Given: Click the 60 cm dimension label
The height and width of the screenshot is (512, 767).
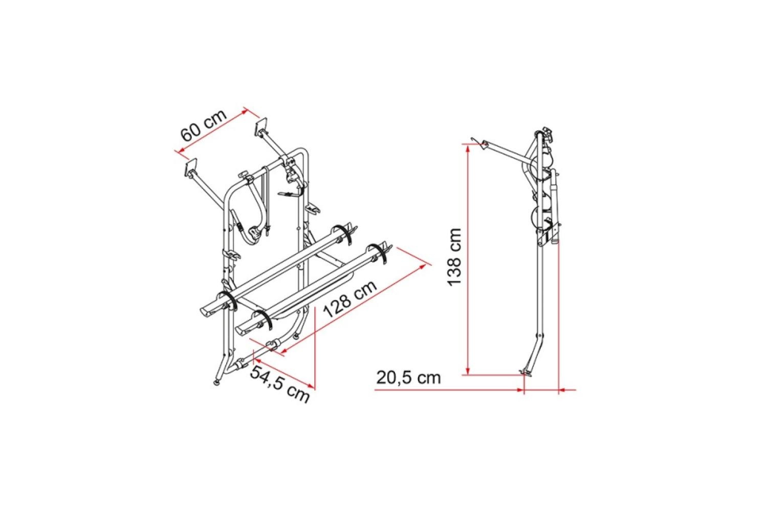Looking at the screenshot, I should coord(203,126).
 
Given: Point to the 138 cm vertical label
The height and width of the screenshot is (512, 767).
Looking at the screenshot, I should coord(454,258).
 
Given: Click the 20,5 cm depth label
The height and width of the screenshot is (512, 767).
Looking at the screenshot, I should coord(408,377).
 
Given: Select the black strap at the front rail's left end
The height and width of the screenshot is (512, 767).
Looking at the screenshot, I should coord(264,319).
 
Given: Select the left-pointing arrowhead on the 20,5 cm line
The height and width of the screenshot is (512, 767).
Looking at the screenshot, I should coord(562,390).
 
